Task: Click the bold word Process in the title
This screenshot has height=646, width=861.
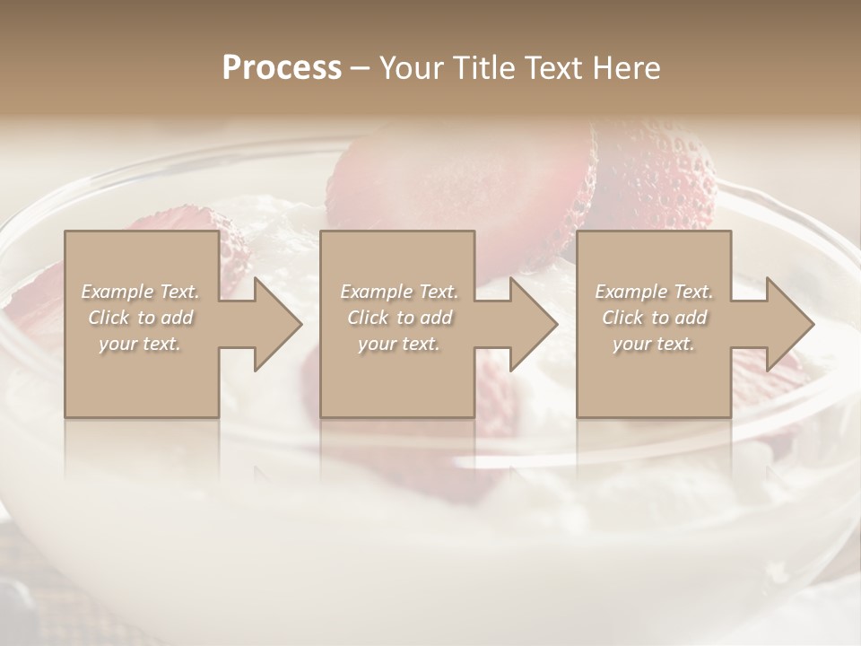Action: pos(282,68)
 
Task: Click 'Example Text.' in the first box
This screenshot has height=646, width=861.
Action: pos(140,292)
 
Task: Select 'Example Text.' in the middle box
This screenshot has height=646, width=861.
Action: pos(399,292)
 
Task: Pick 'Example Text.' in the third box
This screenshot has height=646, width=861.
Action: pos(654,292)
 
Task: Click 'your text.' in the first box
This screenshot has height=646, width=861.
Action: pos(140,344)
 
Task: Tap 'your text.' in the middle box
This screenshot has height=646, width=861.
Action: pos(399,344)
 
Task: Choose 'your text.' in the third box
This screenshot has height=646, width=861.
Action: pos(654,344)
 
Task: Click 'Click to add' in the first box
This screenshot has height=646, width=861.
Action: pos(140,318)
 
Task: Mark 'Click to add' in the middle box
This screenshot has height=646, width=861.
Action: pos(399,318)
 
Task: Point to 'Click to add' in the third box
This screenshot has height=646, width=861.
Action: pos(654,318)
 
